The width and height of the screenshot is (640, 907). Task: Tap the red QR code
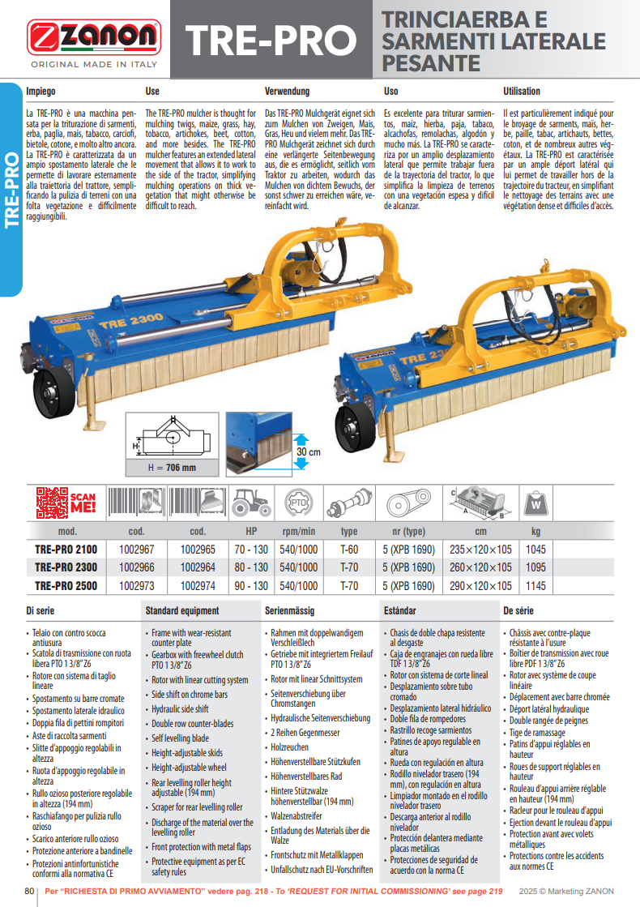click(52, 502)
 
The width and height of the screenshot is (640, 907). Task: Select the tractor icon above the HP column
click(251, 503)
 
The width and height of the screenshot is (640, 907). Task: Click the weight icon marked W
click(535, 503)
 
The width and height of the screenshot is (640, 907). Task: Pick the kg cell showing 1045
click(535, 549)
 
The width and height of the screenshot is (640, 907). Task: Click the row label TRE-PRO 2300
click(66, 567)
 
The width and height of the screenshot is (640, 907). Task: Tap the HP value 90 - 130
click(251, 586)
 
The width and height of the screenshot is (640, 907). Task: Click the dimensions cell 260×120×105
click(481, 567)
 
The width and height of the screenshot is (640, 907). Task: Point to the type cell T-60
click(349, 549)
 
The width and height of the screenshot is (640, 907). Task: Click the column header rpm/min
click(298, 531)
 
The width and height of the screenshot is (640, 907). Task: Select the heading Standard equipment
click(181, 610)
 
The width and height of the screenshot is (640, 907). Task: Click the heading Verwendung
click(288, 92)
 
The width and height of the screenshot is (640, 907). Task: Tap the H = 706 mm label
click(171, 468)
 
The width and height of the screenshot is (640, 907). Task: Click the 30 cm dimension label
click(308, 451)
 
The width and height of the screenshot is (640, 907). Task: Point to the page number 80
click(31, 892)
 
